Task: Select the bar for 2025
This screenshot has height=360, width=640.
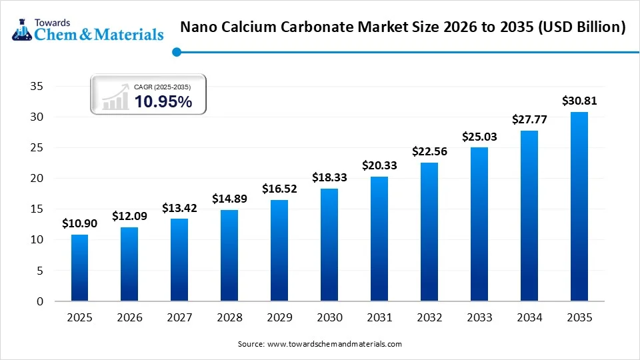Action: (79, 267)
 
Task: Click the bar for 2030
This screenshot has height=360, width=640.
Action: (329, 245)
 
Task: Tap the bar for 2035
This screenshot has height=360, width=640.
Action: (579, 207)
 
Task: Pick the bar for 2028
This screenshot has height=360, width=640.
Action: (229, 255)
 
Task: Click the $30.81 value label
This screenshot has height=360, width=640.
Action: (579, 101)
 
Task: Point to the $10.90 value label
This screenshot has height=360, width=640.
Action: (79, 224)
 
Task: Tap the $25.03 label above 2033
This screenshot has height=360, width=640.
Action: (479, 137)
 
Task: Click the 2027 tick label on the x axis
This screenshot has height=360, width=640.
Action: (179, 317)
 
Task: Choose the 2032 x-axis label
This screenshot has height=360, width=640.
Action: (429, 317)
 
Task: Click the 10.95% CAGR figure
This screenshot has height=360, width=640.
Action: (163, 102)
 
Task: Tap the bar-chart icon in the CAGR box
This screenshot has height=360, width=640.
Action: (116, 97)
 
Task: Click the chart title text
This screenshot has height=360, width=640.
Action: (403, 27)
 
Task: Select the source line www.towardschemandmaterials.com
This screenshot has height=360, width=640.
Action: (320, 344)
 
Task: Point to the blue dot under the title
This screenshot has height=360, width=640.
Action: (176, 52)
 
